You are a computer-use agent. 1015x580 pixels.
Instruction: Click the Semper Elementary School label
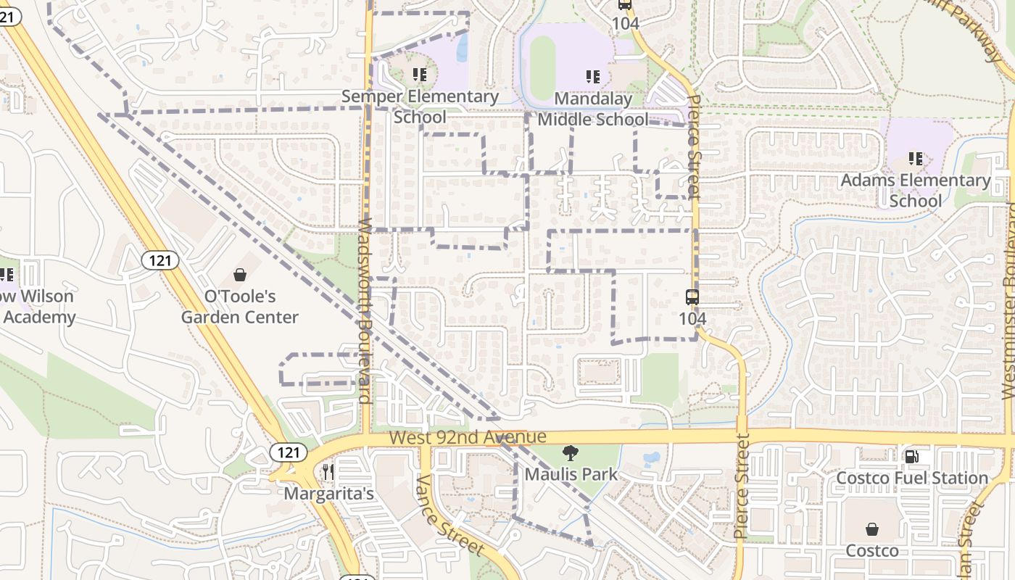click(x=420, y=106)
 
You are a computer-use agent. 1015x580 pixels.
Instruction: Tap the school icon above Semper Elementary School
click(x=419, y=74)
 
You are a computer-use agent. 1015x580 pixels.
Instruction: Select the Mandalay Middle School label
click(x=593, y=109)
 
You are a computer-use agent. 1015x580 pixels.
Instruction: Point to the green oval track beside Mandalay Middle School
click(x=542, y=67)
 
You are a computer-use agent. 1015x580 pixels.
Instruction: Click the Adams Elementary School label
click(x=915, y=190)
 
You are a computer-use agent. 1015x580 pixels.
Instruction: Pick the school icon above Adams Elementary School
click(x=915, y=158)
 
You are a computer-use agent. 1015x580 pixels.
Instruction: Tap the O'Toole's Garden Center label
click(x=239, y=307)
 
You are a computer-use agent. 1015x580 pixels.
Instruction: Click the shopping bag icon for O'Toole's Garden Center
click(x=240, y=275)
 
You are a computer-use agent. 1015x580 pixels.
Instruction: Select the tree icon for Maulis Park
click(x=571, y=454)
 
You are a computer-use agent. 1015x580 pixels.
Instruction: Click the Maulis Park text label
click(x=571, y=475)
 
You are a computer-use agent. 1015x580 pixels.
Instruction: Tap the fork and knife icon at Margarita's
click(x=328, y=472)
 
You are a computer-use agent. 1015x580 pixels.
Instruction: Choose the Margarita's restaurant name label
click(x=328, y=494)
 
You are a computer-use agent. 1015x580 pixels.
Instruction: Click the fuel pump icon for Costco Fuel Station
click(x=912, y=457)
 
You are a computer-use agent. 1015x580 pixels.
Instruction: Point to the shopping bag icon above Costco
click(x=872, y=530)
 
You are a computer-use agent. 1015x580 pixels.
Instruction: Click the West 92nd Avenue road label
click(x=467, y=437)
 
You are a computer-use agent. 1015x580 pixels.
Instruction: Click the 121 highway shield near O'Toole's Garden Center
click(x=159, y=260)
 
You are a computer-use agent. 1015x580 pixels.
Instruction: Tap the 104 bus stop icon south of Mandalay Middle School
click(x=692, y=297)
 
